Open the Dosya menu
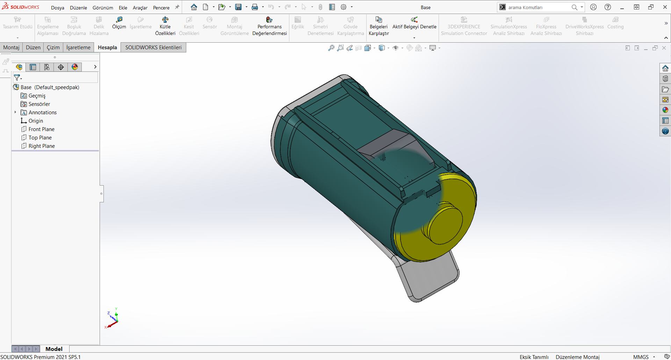57,8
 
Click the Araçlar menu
140,8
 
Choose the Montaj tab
11,48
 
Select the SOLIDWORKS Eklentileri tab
153,48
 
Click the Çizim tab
53,48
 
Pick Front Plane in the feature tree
41,129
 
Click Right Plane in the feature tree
42,146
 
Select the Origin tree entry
36,121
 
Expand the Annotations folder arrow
15,112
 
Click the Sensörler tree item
39,104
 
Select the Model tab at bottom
54,349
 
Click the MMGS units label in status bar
641,357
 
